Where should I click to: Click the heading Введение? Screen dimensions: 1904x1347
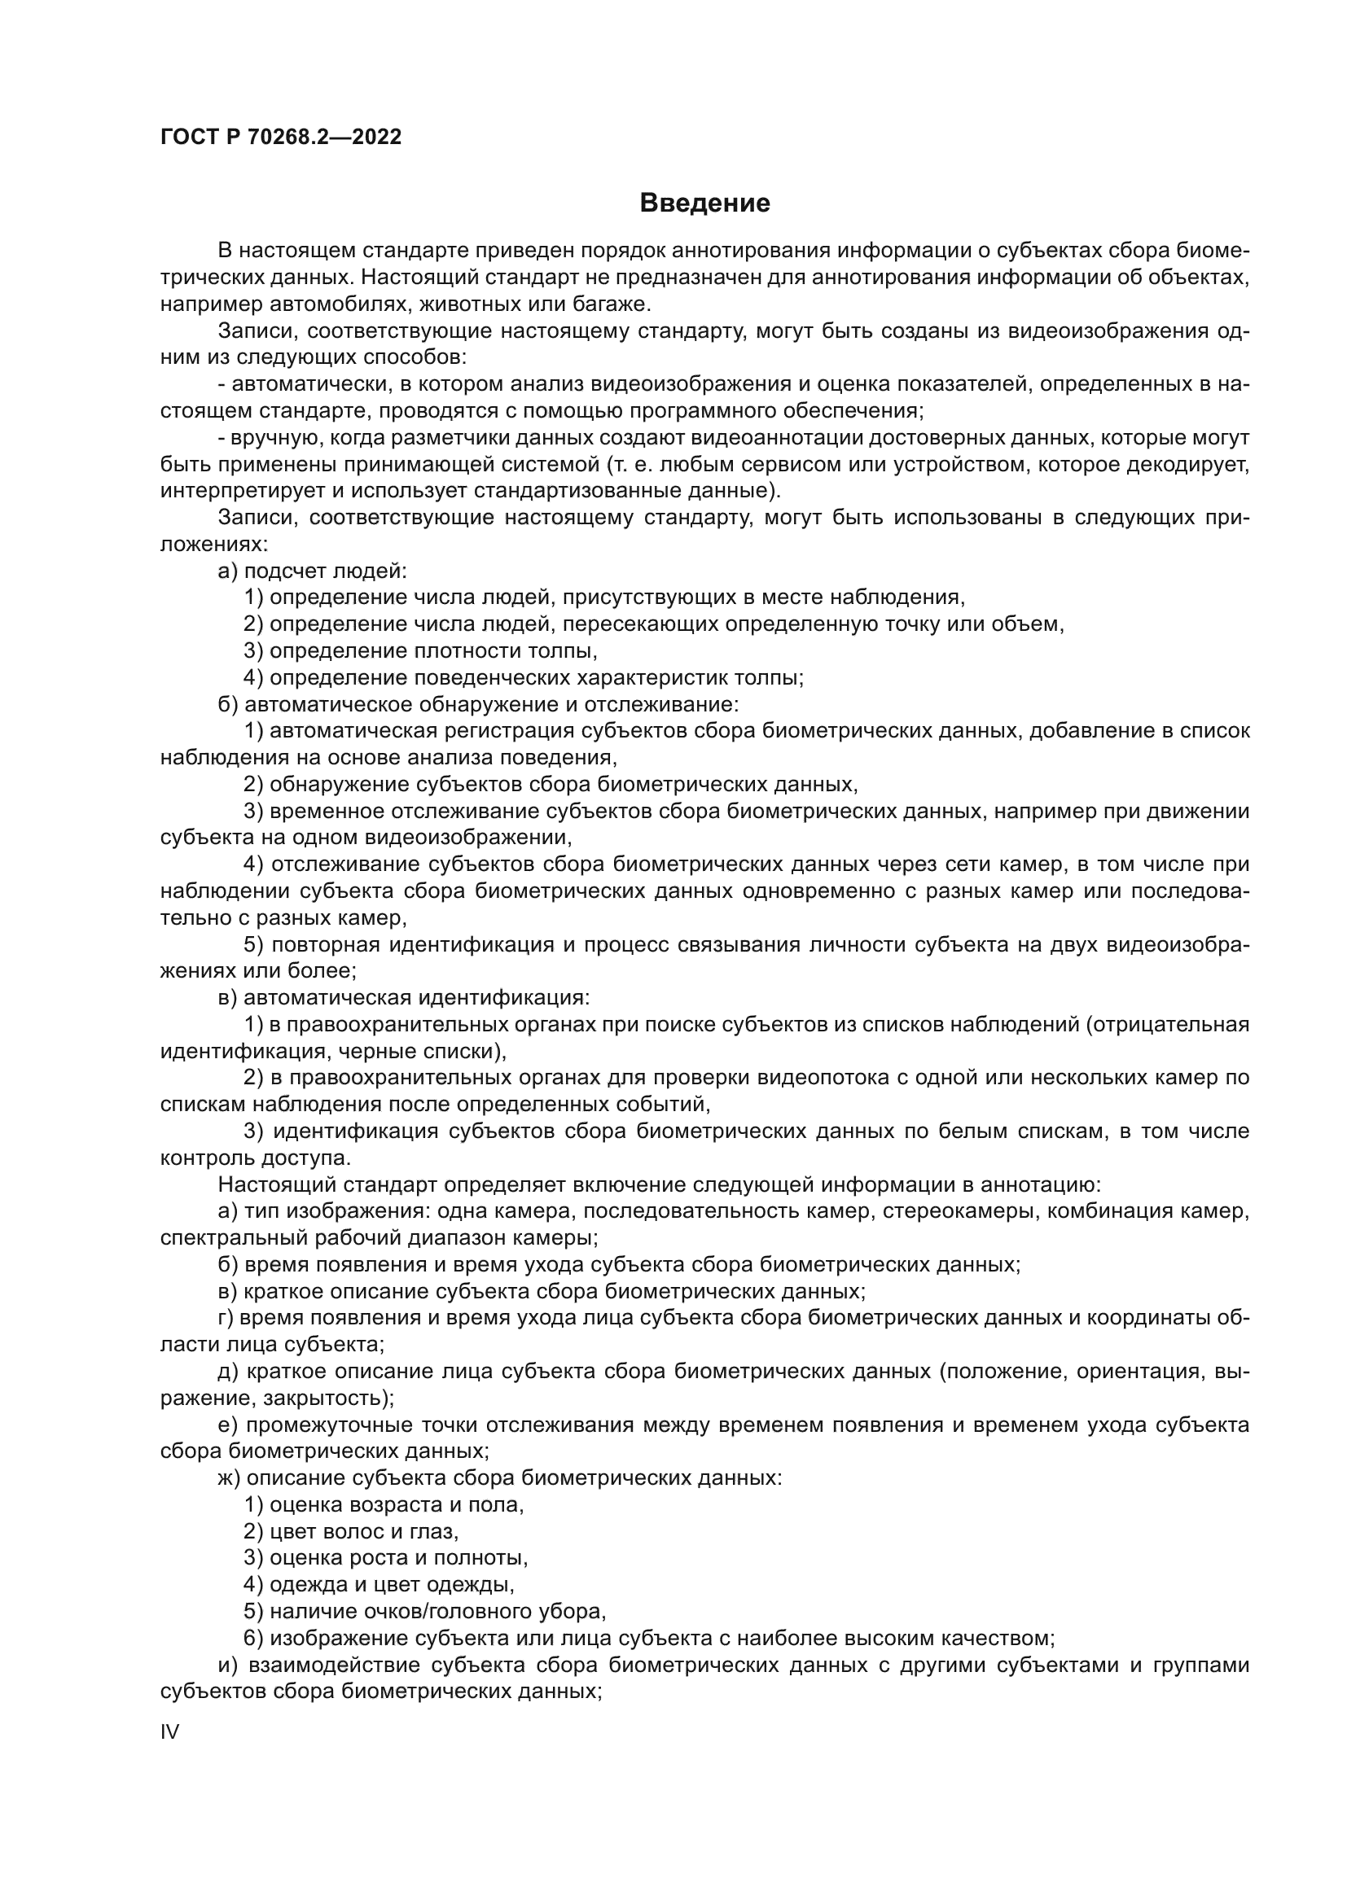(705, 204)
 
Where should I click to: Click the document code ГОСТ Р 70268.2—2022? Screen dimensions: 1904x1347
(280, 137)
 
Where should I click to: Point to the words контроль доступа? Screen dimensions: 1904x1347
(256, 1158)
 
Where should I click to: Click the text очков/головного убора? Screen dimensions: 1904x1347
(484, 1611)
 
